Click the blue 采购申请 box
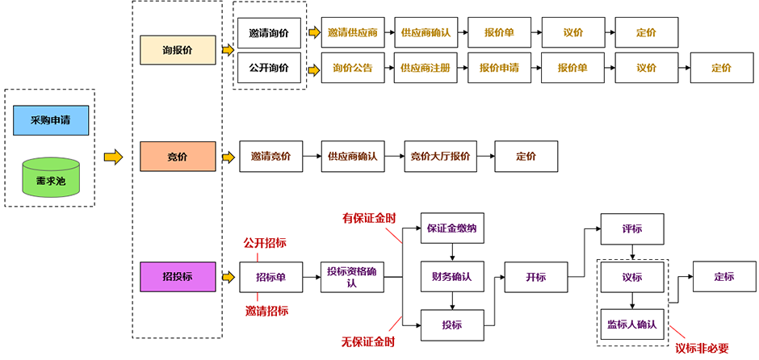click(x=51, y=120)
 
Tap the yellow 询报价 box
click(x=178, y=50)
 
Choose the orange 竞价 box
click(x=178, y=157)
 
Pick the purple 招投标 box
click(x=178, y=277)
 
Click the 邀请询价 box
click(x=269, y=33)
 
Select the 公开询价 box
click(x=269, y=68)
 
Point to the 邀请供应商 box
click(x=353, y=32)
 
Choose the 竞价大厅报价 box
click(x=441, y=157)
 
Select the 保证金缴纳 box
click(x=452, y=228)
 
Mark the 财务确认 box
click(x=452, y=277)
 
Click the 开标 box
click(x=536, y=277)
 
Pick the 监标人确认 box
click(x=633, y=324)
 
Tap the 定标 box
click(x=724, y=277)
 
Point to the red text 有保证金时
click(x=369, y=219)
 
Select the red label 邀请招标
click(x=266, y=311)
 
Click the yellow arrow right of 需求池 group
click(x=114, y=157)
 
